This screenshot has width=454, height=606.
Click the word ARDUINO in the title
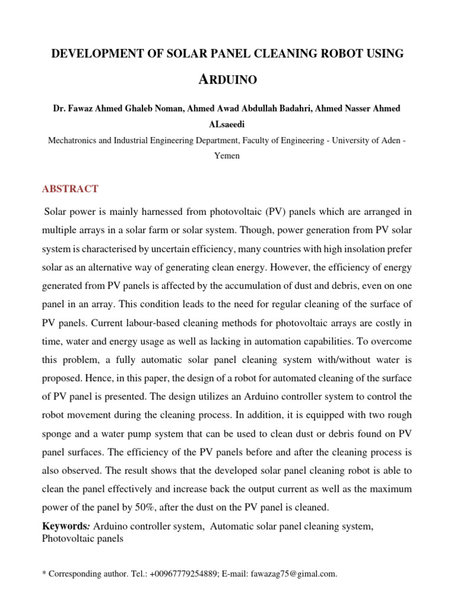(x=228, y=79)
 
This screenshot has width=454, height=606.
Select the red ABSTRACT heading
(x=70, y=189)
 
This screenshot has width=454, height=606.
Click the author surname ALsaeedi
(x=228, y=124)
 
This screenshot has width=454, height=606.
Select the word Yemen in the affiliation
(x=228, y=156)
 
